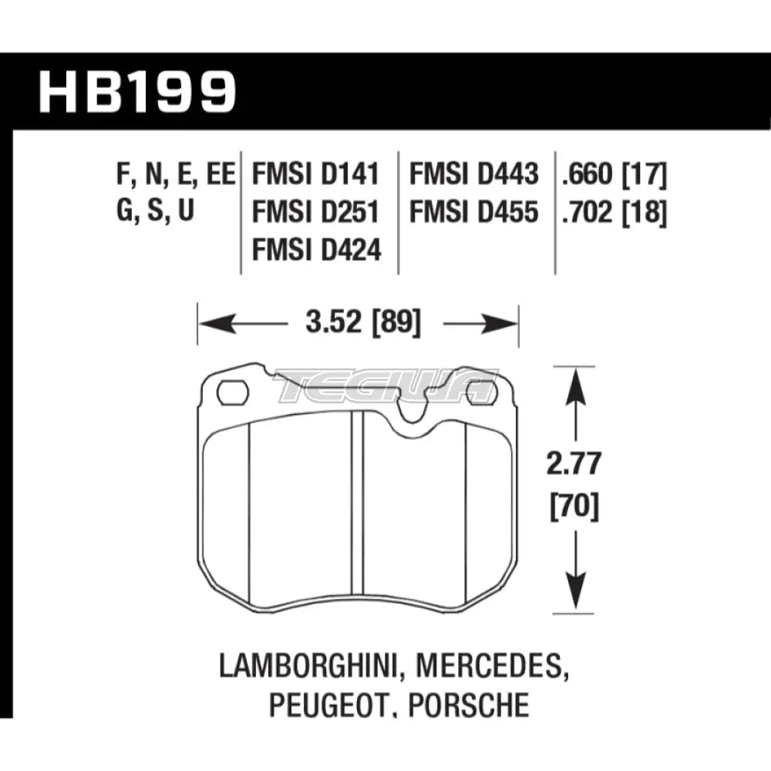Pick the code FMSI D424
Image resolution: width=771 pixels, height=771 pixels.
pos(317,249)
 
